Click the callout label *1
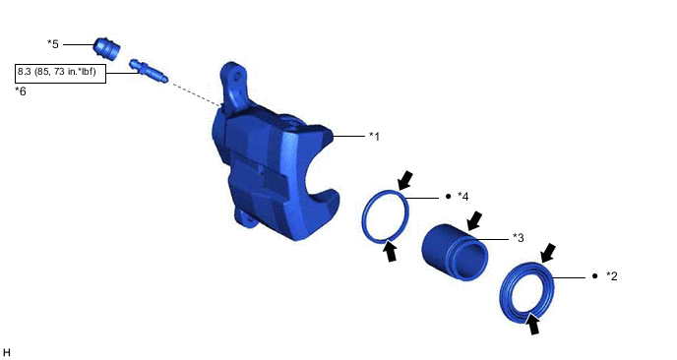pyautogui.click(x=374, y=137)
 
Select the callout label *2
pyautogui.click(x=612, y=275)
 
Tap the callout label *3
pyautogui.click(x=519, y=238)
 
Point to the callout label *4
pyautogui.click(x=462, y=197)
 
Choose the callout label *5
pyautogui.click(x=53, y=44)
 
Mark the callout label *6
pyautogui.click(x=21, y=91)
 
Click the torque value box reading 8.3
pyautogui.click(x=60, y=74)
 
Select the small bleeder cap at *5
pyautogui.click(x=106, y=48)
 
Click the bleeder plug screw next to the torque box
pyautogui.click(x=148, y=71)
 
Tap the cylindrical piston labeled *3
pyautogui.click(x=455, y=253)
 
